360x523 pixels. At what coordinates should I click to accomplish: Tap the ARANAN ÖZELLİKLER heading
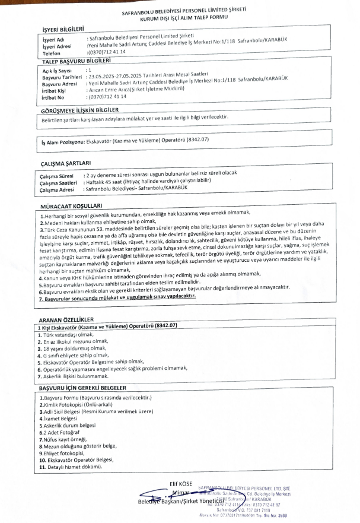point(62,319)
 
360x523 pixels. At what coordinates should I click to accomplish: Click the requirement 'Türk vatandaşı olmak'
point(57,334)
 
